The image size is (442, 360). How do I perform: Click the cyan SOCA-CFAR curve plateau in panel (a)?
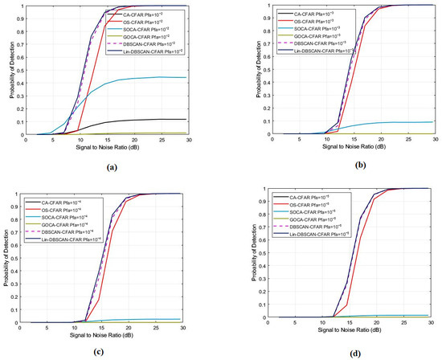point(177,78)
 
